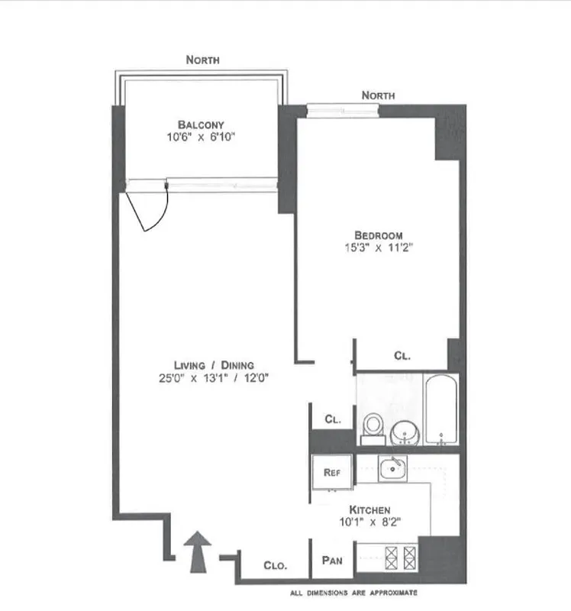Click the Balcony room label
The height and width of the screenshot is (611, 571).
201,124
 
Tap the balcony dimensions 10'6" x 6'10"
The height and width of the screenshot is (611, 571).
201,138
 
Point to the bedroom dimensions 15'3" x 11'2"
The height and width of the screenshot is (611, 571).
378,247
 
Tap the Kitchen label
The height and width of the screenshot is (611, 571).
370,509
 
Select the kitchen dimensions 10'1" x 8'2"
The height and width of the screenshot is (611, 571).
370,523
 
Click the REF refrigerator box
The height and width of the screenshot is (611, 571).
332,473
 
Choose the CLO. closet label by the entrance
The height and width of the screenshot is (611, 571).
275,566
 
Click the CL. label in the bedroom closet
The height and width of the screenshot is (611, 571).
402,355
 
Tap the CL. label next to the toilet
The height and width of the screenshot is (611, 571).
332,419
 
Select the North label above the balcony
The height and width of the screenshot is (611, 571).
203,60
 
